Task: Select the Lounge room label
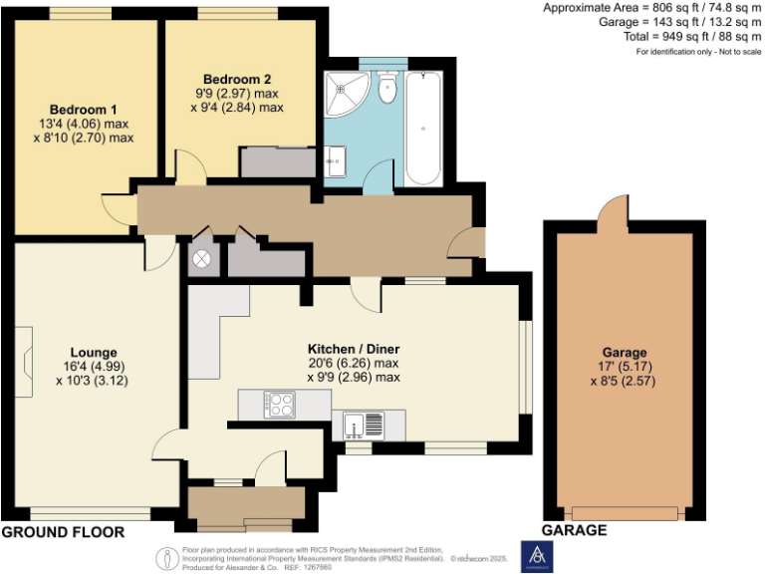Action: tap(94, 352)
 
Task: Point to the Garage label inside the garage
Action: tap(625, 352)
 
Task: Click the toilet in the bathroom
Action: tap(387, 90)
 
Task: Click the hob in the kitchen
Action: tap(279, 404)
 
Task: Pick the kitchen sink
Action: tap(365, 426)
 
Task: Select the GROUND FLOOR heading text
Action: tap(63, 533)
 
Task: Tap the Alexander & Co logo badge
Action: tap(538, 557)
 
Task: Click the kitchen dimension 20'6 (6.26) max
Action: tap(354, 364)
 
